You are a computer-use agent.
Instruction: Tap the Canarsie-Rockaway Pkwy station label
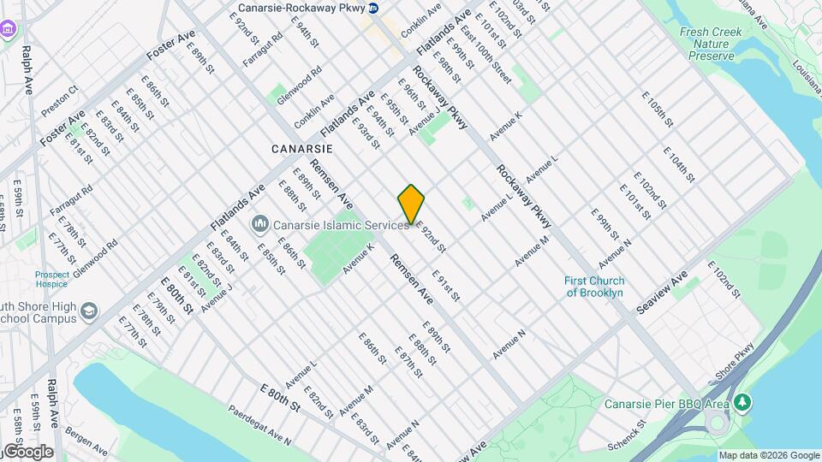pyautogui.click(x=298, y=9)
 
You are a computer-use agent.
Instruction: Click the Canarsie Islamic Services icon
pyautogui.click(x=259, y=224)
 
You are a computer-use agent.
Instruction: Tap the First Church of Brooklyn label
pyautogui.click(x=595, y=287)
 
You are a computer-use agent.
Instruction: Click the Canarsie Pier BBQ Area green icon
pyautogui.click(x=743, y=401)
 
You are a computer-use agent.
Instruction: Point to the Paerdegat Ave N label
pyautogui.click(x=259, y=425)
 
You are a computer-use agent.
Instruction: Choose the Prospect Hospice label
pyautogui.click(x=52, y=280)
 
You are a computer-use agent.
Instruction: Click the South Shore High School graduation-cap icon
pyautogui.click(x=88, y=310)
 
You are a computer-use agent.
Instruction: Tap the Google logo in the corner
pyautogui.click(x=27, y=452)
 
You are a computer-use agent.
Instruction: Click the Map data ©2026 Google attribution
pyautogui.click(x=768, y=455)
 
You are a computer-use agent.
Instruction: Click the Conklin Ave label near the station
pyautogui.click(x=420, y=21)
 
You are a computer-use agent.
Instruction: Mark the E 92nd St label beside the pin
pyautogui.click(x=431, y=239)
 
